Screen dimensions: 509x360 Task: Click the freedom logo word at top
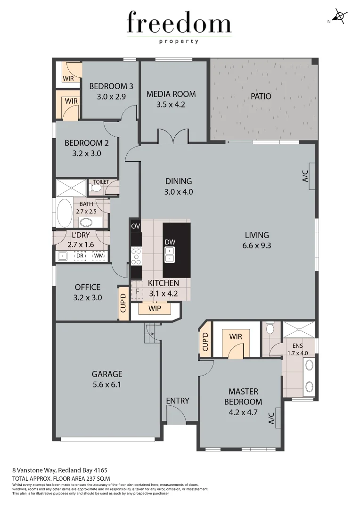click(179, 24)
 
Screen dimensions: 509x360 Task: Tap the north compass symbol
click(339, 17)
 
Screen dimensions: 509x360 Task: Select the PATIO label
click(261, 96)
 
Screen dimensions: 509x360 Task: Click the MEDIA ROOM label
click(171, 94)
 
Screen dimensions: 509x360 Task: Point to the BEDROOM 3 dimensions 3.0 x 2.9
click(111, 97)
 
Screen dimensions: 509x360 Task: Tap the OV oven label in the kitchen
click(136, 227)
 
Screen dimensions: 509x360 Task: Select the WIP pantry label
click(155, 309)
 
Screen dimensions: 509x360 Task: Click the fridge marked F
click(137, 291)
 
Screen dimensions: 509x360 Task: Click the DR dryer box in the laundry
click(80, 256)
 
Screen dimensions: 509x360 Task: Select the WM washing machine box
click(98, 256)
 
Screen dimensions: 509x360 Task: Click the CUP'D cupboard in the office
click(123, 304)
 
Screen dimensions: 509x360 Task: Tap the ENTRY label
click(178, 401)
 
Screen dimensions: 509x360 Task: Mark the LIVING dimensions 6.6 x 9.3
click(257, 246)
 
